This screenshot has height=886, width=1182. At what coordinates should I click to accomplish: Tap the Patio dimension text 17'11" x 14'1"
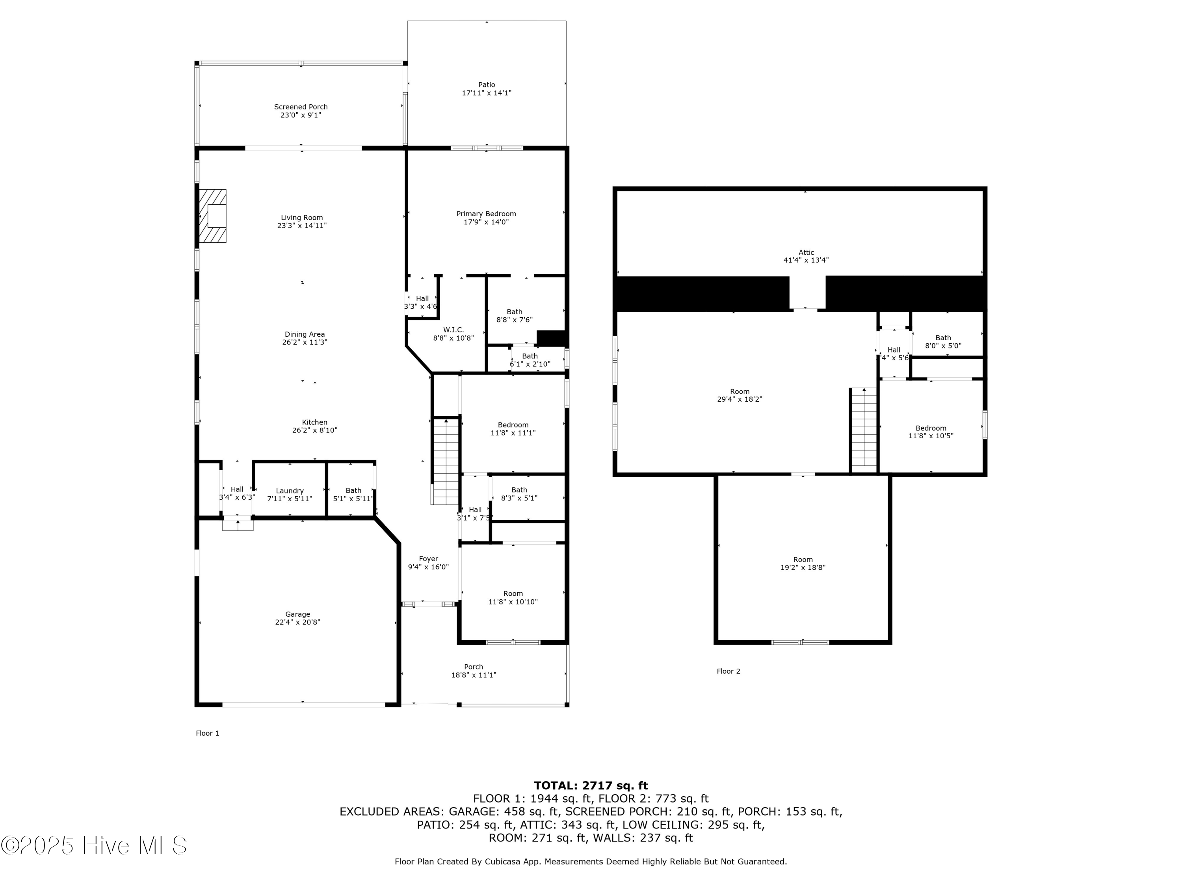[x=486, y=93]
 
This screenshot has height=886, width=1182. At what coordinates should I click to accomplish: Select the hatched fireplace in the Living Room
[x=213, y=216]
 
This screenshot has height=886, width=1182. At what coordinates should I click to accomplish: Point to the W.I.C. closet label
[x=453, y=330]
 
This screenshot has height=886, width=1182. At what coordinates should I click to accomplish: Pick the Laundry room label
[x=290, y=491]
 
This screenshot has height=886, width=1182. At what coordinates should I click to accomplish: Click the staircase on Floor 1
[x=446, y=462]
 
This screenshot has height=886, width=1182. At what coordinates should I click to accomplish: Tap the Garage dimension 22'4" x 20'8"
[x=297, y=622]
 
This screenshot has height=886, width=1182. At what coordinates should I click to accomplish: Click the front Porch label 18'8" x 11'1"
[x=474, y=671]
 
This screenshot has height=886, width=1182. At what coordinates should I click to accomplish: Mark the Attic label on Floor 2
[x=806, y=253]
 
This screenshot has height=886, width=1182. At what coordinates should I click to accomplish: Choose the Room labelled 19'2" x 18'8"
[x=803, y=563]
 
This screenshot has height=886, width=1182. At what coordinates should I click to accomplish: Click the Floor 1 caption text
[x=207, y=733]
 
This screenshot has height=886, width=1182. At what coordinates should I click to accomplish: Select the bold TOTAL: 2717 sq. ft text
[x=591, y=786]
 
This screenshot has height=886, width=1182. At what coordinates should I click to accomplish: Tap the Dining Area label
[x=305, y=334]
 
